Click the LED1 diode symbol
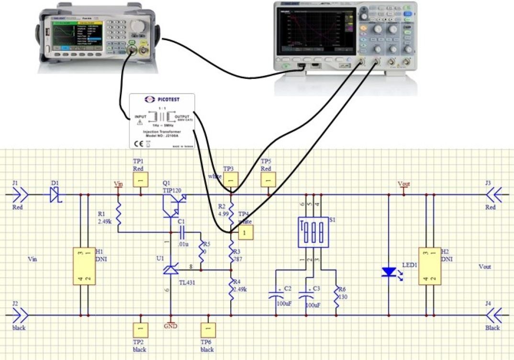389,272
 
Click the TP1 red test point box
141,180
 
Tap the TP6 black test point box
207,329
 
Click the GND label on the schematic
170,326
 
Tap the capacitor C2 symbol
276,293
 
